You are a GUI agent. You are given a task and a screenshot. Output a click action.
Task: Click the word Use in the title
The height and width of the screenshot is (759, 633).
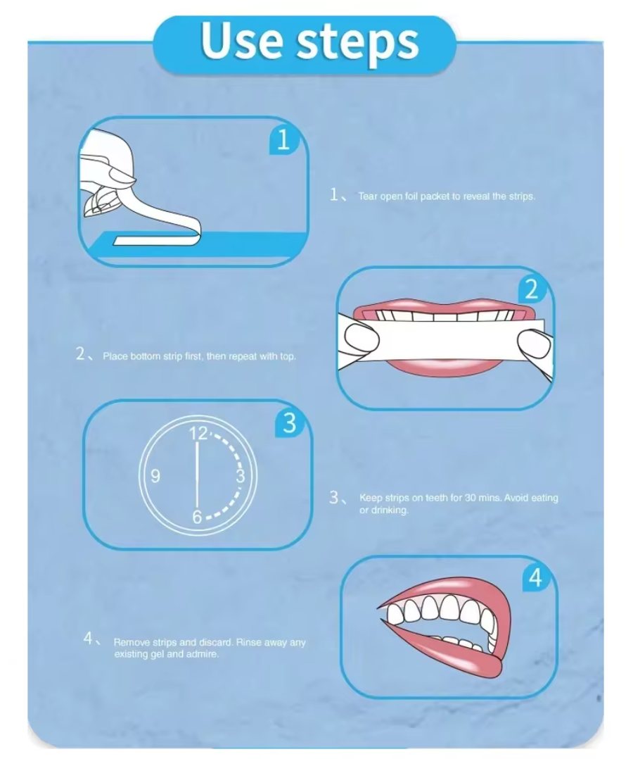[x=241, y=41]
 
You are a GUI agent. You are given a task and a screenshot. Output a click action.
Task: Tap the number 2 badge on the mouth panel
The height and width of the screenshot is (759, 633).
[x=532, y=289]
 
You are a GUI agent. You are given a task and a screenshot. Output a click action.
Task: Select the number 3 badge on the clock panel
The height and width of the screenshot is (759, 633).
[x=289, y=422]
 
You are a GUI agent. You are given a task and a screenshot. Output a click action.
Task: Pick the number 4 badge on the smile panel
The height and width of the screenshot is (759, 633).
[x=536, y=577]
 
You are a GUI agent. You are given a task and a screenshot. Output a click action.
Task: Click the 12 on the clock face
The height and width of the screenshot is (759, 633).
[x=198, y=433]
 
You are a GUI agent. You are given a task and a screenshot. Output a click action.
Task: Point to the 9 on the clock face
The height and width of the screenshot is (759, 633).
[x=155, y=476]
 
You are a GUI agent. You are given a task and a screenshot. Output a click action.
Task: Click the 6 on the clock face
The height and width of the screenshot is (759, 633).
[x=197, y=517]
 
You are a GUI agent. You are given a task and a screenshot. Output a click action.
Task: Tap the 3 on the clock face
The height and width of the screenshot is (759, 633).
[x=241, y=476]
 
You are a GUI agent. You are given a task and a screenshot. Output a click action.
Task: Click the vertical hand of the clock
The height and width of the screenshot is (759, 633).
[x=198, y=475]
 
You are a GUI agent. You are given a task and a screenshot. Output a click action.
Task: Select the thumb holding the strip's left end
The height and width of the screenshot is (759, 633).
[x=361, y=338]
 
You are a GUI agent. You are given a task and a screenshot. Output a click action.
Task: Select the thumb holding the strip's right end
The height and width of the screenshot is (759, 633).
[x=534, y=343]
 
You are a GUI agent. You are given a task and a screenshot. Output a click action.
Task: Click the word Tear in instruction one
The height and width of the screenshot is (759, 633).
[x=368, y=196]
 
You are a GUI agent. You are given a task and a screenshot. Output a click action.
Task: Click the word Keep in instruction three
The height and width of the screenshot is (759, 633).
[x=371, y=498]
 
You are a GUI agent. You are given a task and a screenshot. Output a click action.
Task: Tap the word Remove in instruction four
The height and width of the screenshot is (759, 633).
[x=132, y=642]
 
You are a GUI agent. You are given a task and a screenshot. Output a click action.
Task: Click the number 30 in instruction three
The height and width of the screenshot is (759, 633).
[x=470, y=498]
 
